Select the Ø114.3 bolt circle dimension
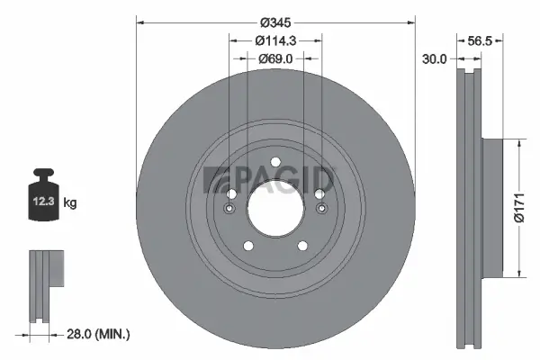click(x=274, y=40)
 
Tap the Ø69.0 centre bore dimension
click(x=274, y=59)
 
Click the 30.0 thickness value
click(x=436, y=59)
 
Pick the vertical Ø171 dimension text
click(x=518, y=209)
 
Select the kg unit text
click(x=70, y=203)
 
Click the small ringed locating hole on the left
click(x=230, y=210)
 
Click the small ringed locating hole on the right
click(x=319, y=210)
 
